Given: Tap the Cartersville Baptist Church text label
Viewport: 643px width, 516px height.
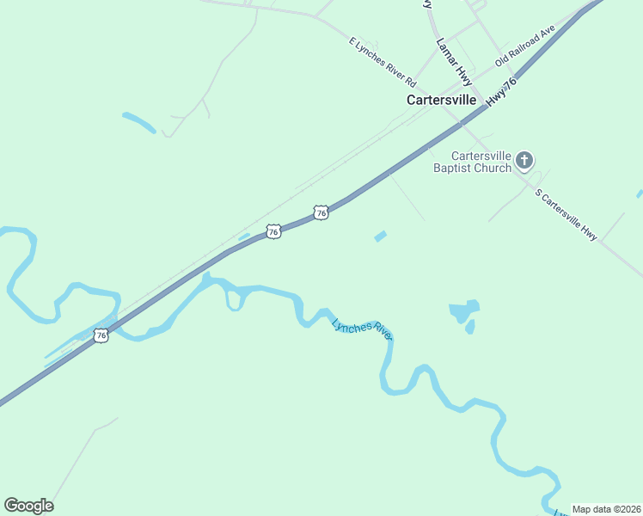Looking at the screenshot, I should [x=471, y=162].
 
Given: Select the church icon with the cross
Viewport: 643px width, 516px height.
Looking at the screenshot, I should [x=524, y=161].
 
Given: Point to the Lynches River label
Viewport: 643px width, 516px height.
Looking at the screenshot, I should [x=362, y=329].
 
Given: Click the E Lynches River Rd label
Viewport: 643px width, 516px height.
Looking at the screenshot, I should [x=383, y=62].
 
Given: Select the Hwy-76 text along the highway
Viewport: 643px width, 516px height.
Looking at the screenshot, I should [x=501, y=92].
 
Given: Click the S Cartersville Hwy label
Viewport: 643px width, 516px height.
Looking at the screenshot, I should [x=566, y=215].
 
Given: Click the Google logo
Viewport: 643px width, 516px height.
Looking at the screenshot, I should [x=28, y=505].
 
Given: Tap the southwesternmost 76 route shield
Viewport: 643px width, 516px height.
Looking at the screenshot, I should [x=101, y=335].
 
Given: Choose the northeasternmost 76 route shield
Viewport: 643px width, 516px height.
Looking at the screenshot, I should [x=321, y=212].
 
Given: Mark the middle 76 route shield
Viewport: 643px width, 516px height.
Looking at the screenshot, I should [x=273, y=231].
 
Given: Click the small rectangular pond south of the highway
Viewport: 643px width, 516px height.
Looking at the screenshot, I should [x=380, y=236].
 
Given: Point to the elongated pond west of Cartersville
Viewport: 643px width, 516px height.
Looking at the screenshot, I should [x=138, y=122].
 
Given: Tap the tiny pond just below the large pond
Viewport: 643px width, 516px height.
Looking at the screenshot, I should [x=469, y=327].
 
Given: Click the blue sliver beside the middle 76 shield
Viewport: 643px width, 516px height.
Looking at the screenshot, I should [x=244, y=236].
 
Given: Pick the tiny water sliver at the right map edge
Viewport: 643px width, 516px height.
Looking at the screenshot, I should [x=640, y=194].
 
